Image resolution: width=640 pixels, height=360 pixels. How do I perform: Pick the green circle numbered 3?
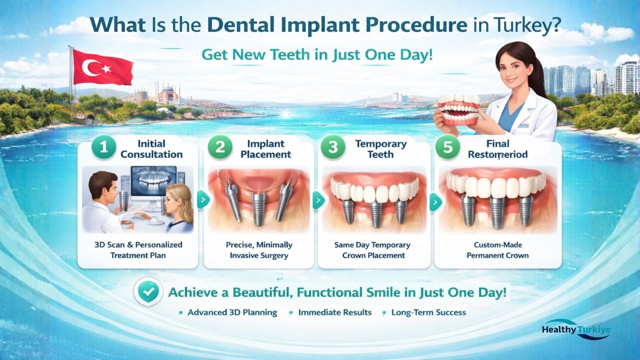coord(333,148)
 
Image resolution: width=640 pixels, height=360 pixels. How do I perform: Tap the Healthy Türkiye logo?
coord(576,330)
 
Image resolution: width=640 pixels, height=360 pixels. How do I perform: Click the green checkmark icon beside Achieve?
coord(148,292)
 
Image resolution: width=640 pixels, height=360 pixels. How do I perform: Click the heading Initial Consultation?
coord(151,149)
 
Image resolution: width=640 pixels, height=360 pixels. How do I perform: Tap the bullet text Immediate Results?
coord(334,312)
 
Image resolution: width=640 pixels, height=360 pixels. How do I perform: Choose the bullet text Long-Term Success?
coord(428,312)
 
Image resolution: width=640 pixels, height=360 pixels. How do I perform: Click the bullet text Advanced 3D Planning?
coord(232,312)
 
